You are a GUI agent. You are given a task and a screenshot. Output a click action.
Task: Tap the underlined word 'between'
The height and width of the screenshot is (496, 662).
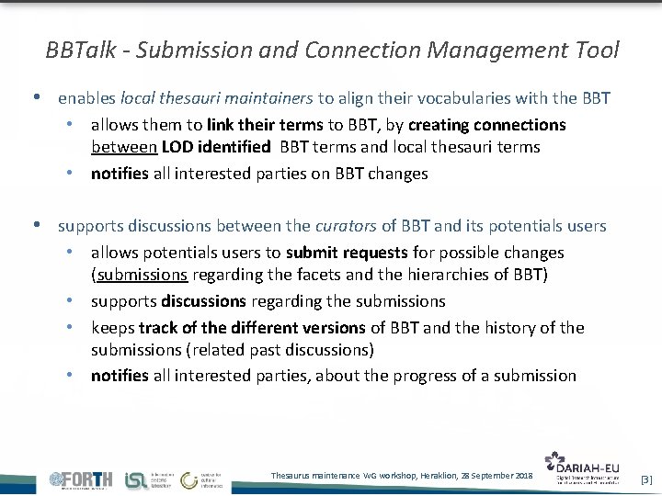(x=125, y=147)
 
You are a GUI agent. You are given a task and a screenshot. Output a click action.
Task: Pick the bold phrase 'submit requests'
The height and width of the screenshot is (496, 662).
(x=347, y=252)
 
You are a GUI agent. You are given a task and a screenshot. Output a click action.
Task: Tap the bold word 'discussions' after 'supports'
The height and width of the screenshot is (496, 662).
(x=203, y=301)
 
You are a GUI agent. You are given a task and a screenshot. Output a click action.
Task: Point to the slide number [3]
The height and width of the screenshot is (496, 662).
(x=645, y=479)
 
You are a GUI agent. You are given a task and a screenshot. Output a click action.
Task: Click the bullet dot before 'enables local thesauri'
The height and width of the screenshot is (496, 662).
(x=34, y=96)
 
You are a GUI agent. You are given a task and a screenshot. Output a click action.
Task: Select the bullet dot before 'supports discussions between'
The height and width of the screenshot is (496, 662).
(x=34, y=225)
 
